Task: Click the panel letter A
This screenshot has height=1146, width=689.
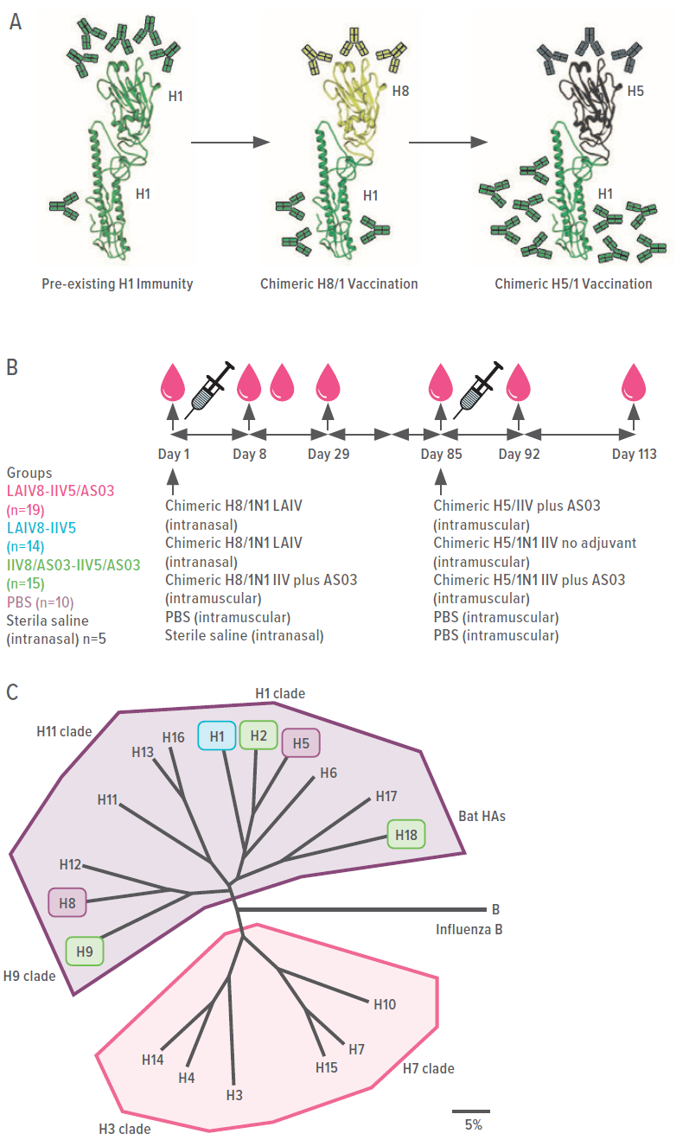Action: pos(16,22)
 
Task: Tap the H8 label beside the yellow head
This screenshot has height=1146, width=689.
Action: pos(399,90)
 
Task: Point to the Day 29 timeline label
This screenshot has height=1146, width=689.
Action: pos(329,455)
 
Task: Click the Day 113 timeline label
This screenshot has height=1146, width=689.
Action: pos(634,455)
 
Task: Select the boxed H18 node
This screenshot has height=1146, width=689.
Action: pos(405,834)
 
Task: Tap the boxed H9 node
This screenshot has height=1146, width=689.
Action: pos(85,951)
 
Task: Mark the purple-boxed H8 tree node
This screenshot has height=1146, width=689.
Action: pos(67,904)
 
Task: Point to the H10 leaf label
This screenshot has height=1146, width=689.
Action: pos(385,1004)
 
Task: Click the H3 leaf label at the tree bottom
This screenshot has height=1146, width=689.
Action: pos(233,1094)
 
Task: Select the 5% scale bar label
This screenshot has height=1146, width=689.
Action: pos(473,1124)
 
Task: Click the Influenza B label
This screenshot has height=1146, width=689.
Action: pos(468,930)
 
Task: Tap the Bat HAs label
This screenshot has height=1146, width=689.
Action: pos(482,816)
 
